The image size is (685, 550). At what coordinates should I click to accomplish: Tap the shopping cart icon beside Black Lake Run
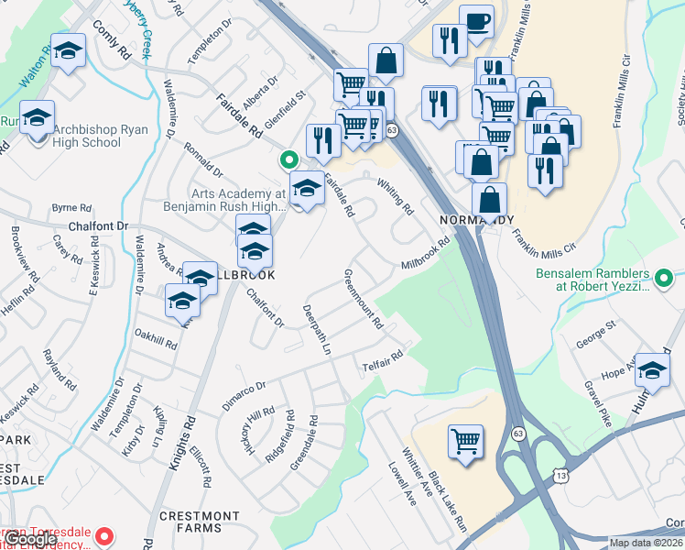tap(466, 442)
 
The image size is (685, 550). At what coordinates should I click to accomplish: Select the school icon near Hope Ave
tap(652, 370)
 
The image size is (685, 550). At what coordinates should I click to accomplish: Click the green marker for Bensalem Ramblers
tap(667, 275)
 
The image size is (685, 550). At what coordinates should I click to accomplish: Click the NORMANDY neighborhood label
tap(476, 220)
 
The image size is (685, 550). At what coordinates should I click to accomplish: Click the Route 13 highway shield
tap(560, 473)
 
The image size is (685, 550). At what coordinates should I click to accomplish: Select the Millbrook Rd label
tap(426, 254)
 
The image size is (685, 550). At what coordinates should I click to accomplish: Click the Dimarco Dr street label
tap(244, 396)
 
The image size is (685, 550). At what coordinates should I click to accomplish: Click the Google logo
tap(30, 539)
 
